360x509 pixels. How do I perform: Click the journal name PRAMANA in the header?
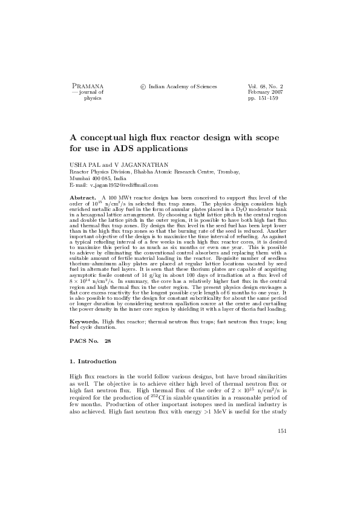[88, 87]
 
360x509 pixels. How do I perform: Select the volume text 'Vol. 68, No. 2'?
[266, 87]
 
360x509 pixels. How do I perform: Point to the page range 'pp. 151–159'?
[263, 99]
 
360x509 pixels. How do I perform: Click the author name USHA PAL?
[84, 164]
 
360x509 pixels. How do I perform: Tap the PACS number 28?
[108, 341]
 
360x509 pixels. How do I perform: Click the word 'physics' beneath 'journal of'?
[92, 99]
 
